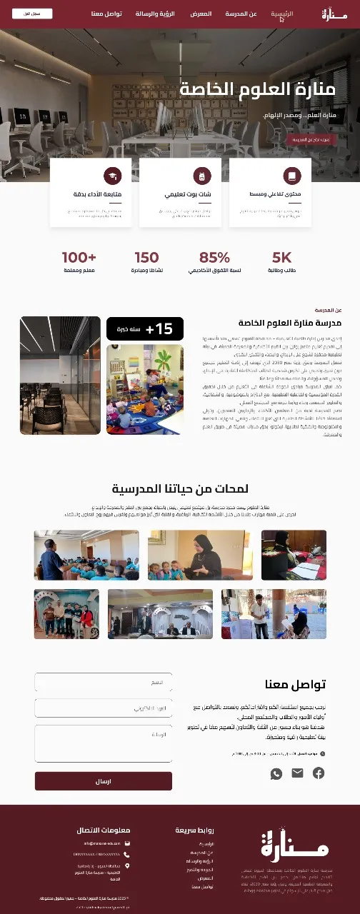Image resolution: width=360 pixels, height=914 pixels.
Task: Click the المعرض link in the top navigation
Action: [x=201, y=14]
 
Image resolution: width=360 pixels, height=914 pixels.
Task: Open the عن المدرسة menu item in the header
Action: [x=241, y=14]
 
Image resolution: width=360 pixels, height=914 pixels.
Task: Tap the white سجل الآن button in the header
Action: [x=32, y=14]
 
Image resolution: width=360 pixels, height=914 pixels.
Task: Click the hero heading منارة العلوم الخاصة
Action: [x=257, y=89]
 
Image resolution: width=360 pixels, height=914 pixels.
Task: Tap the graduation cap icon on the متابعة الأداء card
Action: [x=112, y=176]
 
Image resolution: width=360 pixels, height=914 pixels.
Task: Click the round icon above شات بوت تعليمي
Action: [x=201, y=176]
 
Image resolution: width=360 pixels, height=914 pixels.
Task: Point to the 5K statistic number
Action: [x=282, y=258]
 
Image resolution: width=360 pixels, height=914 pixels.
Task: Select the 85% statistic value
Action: [x=214, y=258]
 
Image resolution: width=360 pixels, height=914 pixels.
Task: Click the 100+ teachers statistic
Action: [x=79, y=258]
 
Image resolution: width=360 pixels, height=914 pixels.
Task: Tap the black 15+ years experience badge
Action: [x=145, y=328]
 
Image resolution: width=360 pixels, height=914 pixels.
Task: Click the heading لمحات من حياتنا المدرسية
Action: [x=180, y=488]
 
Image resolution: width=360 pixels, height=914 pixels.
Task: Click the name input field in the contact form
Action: [x=104, y=682]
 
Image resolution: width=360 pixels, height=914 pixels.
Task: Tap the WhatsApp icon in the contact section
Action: [x=276, y=773]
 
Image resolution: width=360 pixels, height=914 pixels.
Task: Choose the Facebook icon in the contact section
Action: [x=319, y=773]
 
